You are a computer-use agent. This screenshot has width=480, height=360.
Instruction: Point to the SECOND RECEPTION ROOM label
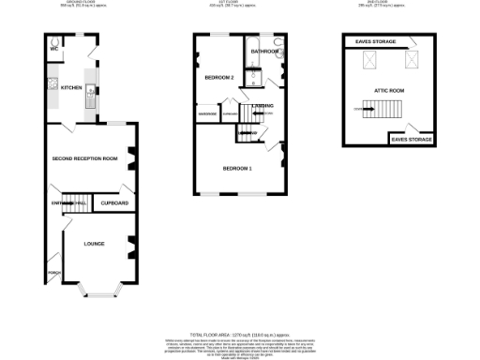point(84,158)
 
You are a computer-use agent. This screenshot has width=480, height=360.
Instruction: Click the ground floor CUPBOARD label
point(114,202)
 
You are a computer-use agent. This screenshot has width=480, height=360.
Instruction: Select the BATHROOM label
point(264,52)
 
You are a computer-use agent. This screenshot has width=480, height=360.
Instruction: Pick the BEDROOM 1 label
point(236,168)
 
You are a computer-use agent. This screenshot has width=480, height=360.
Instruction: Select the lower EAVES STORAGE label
point(412,140)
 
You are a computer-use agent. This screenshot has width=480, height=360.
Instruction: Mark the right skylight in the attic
point(410,62)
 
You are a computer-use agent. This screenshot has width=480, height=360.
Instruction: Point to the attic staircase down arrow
point(362,111)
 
